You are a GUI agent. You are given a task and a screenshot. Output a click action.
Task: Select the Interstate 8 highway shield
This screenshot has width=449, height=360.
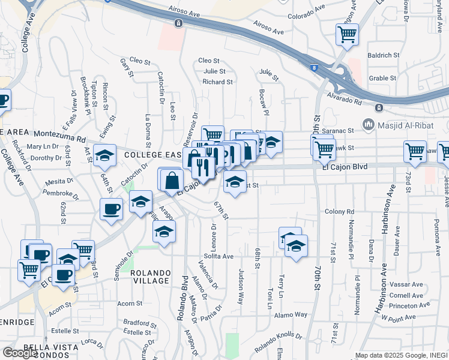(x=315, y=68)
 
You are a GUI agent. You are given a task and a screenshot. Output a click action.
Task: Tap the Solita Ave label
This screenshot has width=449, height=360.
(x=218, y=256)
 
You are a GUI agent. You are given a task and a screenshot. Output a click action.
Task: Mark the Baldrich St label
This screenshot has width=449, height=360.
(x=384, y=55)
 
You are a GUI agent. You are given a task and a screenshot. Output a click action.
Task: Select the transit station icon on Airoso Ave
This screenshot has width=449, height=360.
(x=178, y=23)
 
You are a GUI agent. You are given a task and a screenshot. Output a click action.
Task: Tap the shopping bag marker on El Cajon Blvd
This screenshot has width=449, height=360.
(x=172, y=180)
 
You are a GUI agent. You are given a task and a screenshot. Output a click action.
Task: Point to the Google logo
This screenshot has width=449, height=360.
(x=20, y=352)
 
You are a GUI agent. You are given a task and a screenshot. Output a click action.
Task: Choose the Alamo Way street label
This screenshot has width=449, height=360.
(x=291, y=314)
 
